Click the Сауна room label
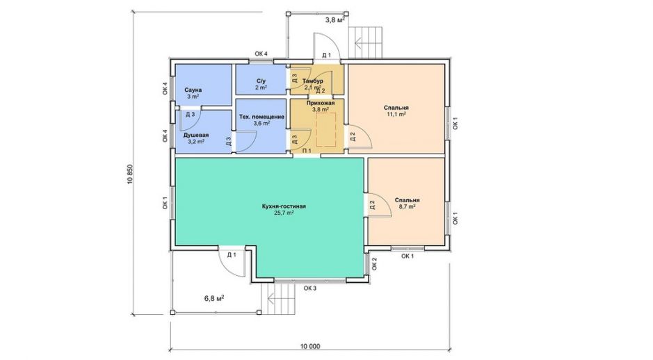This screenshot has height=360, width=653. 193,90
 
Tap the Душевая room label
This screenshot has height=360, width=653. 196,136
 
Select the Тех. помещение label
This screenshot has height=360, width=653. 261,117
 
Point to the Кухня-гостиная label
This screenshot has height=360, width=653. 284,206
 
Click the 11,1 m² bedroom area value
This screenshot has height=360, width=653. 396,114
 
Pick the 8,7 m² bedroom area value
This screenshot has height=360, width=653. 407,206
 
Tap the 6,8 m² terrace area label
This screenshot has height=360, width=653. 214,298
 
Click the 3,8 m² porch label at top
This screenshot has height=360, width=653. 334,19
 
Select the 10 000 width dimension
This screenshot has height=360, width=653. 310,346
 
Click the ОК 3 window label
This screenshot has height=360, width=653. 310,288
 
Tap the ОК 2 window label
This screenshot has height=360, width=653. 374,264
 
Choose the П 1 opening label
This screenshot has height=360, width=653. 307,151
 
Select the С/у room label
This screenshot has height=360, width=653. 261,81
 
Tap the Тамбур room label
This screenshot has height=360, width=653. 313,81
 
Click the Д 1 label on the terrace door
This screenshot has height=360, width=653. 232,254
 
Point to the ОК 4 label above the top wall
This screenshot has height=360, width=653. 261,54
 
